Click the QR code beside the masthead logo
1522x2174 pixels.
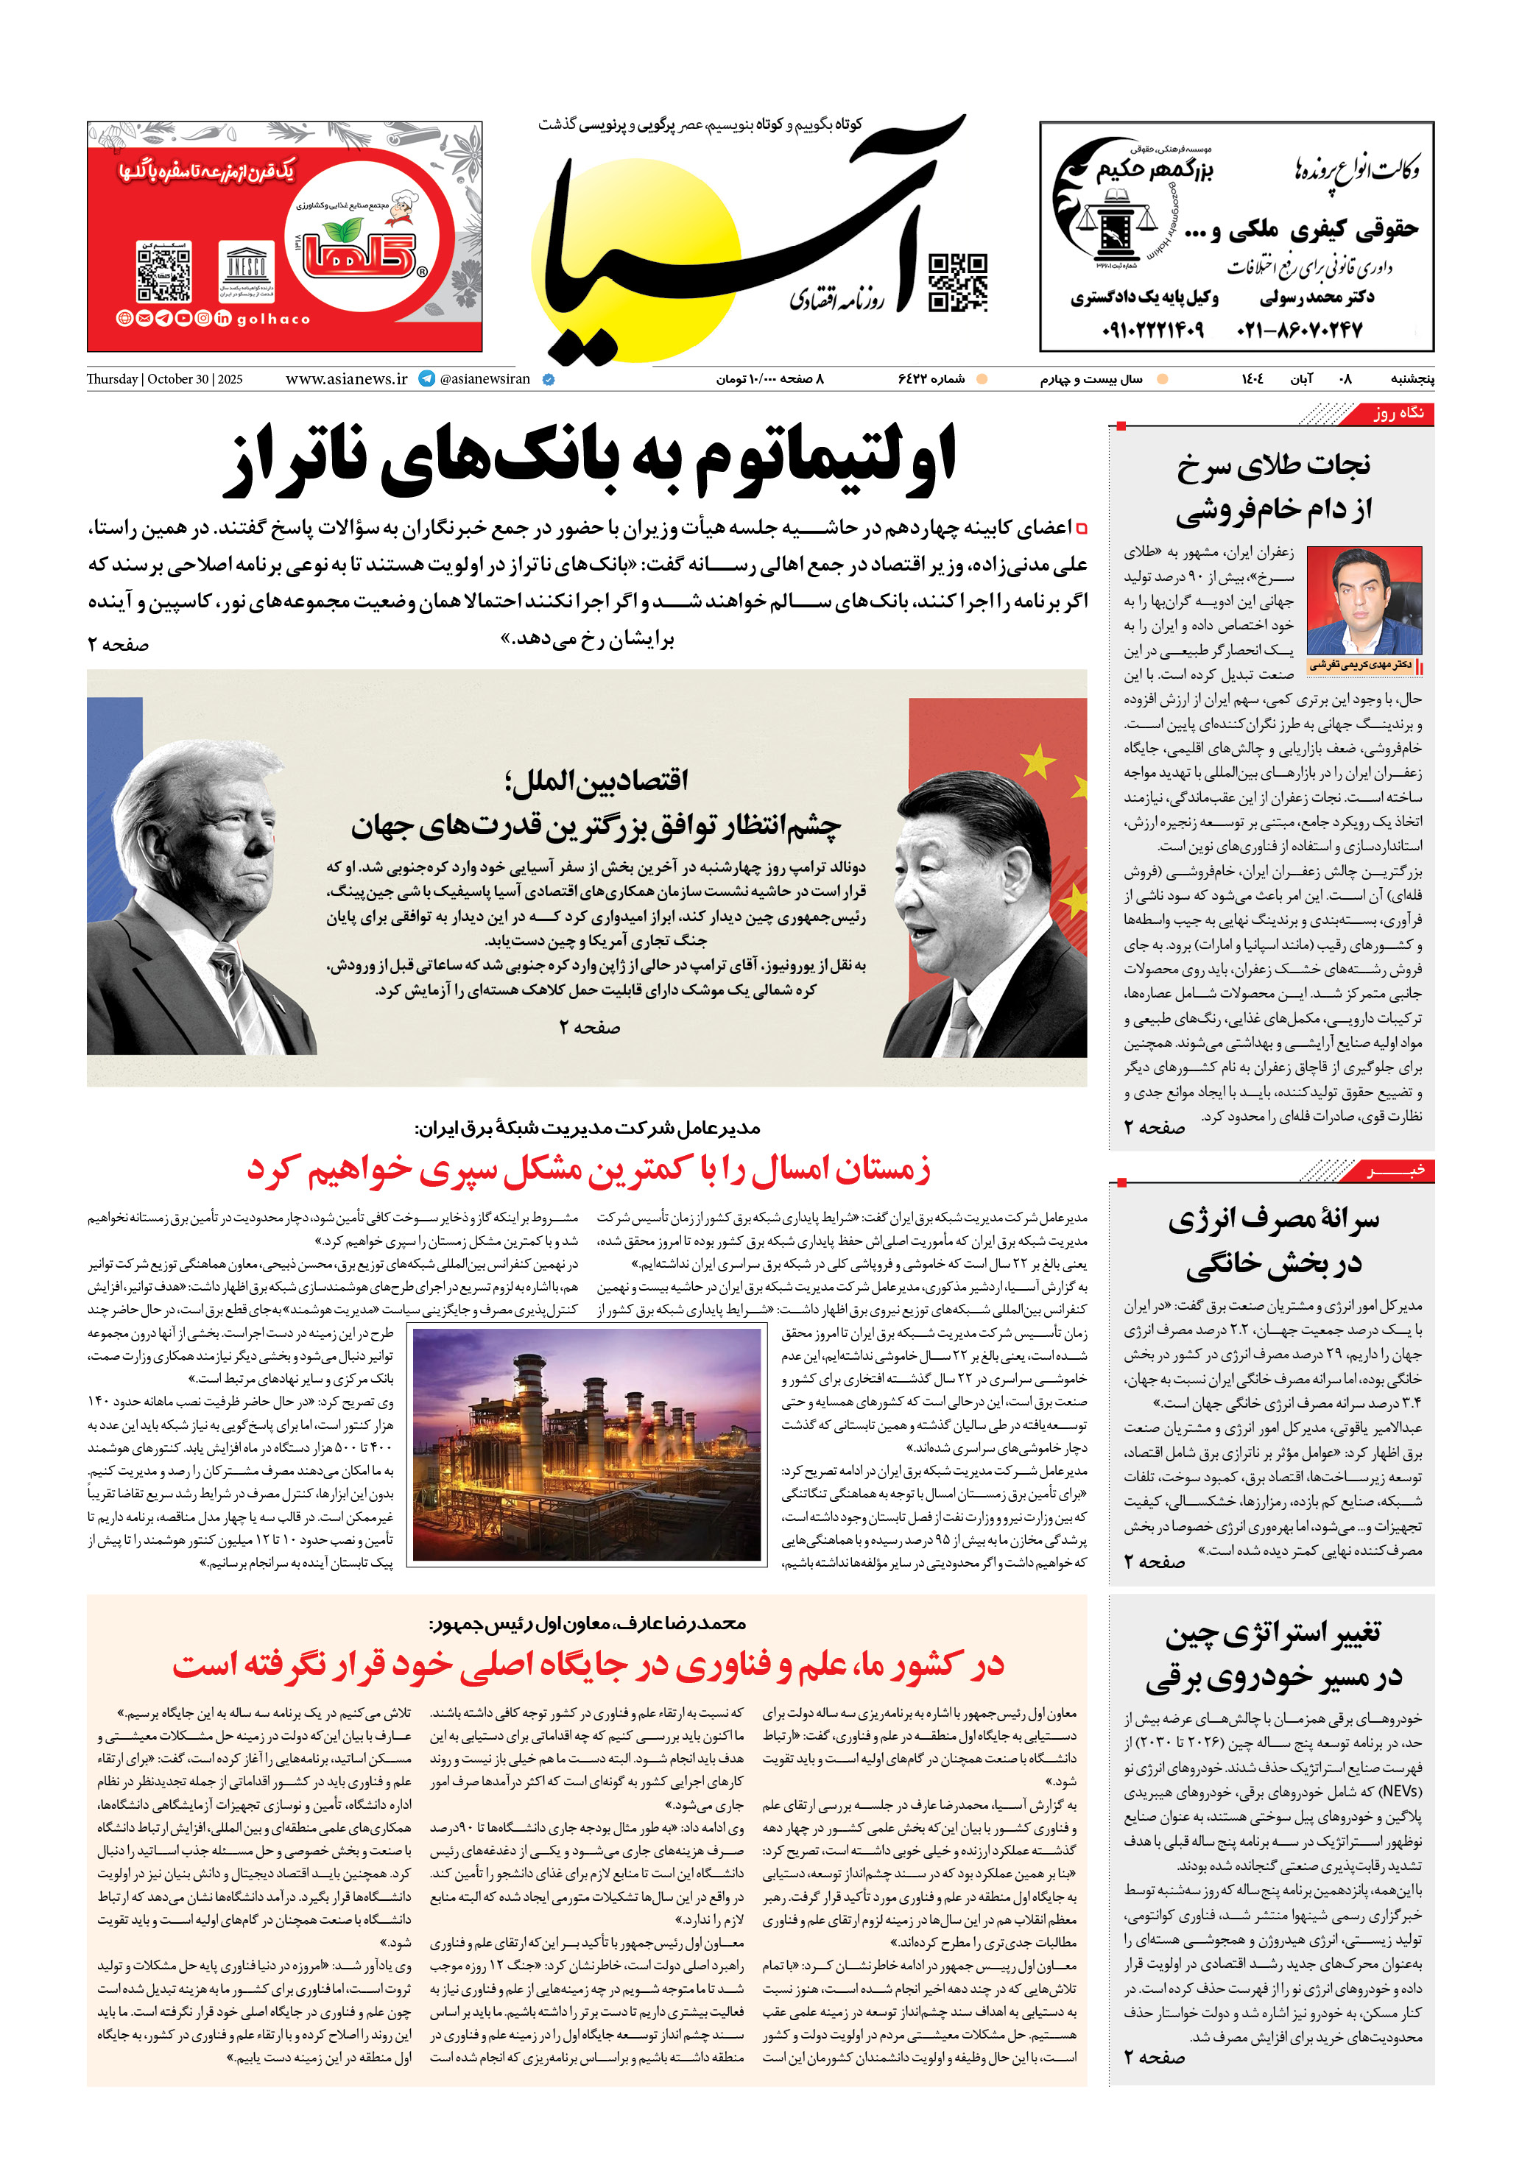pos(957,282)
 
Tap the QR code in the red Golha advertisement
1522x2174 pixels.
pos(164,272)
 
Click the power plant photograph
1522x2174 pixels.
pos(587,1444)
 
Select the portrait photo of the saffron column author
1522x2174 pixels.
pos(1364,600)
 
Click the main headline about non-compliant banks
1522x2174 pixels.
pos(589,461)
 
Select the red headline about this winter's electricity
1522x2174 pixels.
pos(588,1171)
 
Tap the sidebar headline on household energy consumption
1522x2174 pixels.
pos(1272,1241)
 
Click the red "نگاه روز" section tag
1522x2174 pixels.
pos(1397,414)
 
